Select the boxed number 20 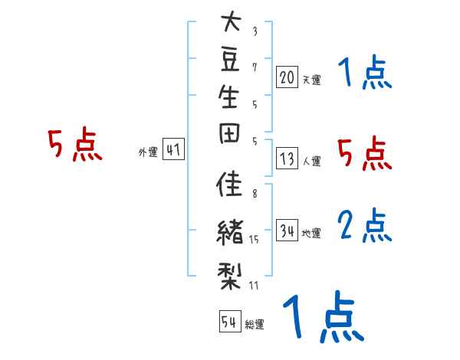287,77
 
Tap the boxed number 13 287,159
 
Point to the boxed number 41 173,150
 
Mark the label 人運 311,162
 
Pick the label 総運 255,324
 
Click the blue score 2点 365,225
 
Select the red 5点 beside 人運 365,154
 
